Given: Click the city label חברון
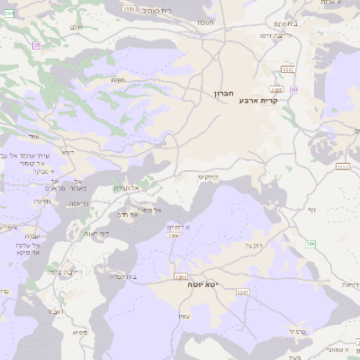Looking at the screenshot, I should (223, 93).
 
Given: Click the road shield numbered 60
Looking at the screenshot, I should (294, 89).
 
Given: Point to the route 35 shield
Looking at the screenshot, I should (37, 45).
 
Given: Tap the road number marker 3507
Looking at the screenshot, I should (287, 68).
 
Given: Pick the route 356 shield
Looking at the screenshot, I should (311, 243).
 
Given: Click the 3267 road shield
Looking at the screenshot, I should (242, 292).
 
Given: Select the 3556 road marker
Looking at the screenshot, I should (129, 9).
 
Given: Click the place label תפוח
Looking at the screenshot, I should (118, 79).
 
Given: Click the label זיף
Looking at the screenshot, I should (311, 210).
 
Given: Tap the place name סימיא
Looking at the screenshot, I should (81, 332).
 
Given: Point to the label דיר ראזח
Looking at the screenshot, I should (96, 233).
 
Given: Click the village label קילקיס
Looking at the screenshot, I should (208, 177).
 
